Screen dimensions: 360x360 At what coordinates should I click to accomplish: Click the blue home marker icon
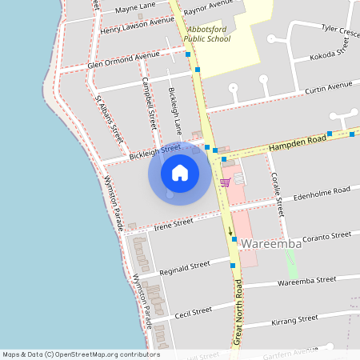[x=180, y=172]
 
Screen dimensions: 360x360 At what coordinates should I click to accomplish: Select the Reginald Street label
[x=185, y=265]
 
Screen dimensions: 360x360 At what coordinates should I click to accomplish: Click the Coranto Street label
[x=326, y=237]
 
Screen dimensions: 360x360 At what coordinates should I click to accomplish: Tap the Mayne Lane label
[x=135, y=8]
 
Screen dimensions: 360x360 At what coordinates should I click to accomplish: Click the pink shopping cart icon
[x=225, y=182]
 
